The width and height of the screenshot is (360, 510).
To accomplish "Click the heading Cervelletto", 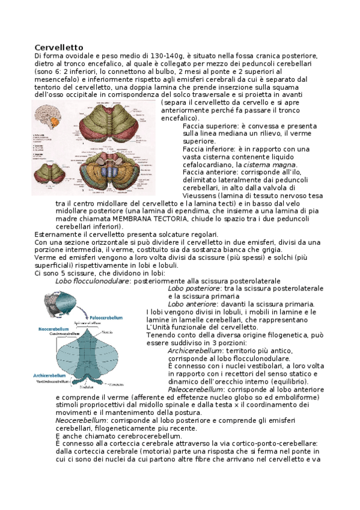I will click(x=58, y=48).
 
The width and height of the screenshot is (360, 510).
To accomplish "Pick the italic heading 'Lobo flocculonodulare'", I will click(x=92, y=281).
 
